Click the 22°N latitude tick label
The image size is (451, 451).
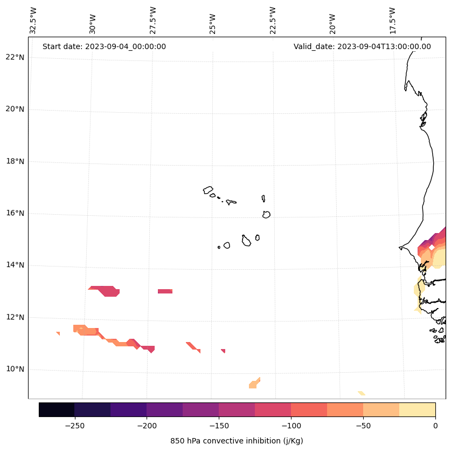click(14, 57)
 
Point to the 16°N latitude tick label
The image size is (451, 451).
click(14, 213)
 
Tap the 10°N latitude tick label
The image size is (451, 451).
click(14, 369)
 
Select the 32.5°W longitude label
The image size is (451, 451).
click(33, 20)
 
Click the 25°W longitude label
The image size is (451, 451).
click(213, 24)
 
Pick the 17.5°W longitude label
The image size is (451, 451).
click(392, 20)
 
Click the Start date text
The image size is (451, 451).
click(104, 46)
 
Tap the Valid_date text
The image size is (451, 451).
click(362, 46)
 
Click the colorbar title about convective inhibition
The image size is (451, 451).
click(237, 441)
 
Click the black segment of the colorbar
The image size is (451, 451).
click(57, 409)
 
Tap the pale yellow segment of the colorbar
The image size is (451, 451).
click(417, 409)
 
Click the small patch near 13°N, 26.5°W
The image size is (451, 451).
click(165, 291)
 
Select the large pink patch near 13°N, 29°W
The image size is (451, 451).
click(108, 291)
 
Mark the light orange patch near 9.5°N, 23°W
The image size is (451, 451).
click(254, 384)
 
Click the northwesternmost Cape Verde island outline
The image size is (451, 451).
click(208, 190)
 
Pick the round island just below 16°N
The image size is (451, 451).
click(266, 214)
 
